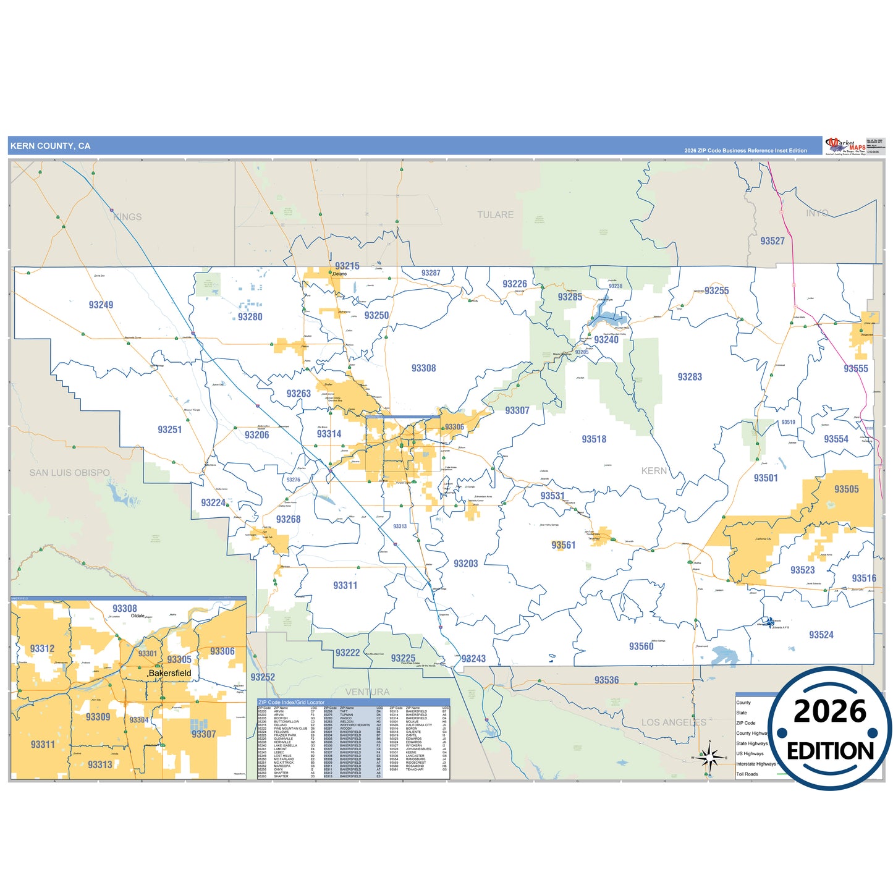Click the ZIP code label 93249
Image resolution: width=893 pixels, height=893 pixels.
click(101, 305)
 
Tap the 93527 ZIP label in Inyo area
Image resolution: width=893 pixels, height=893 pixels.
click(772, 241)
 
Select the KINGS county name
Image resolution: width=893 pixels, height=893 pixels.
click(127, 217)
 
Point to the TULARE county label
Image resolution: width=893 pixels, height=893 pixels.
click(495, 215)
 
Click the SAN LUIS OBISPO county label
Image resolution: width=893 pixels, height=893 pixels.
click(69, 473)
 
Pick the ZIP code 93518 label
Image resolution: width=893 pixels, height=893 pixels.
click(593, 439)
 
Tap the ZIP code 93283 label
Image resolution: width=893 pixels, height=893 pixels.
click(689, 377)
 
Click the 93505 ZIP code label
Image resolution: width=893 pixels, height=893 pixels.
click(846, 489)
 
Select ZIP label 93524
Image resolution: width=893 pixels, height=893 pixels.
click(821, 635)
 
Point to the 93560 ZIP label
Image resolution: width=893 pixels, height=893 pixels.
click(641, 646)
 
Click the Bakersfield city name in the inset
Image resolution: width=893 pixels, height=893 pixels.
click(171, 673)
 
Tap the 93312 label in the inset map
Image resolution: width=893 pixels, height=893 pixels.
click(42, 649)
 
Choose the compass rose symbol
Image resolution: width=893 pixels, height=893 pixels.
click(709, 756)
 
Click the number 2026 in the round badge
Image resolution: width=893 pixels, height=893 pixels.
click(829, 712)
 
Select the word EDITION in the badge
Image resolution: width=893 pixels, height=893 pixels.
click(830, 751)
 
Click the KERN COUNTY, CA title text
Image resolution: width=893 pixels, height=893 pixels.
click(50, 146)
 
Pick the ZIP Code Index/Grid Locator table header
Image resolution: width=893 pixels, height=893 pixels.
click(291, 703)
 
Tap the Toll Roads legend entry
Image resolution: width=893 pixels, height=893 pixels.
click(747, 774)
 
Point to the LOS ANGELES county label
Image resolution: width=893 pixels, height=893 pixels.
click(673, 722)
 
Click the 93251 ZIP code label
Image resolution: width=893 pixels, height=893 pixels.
click(169, 430)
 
